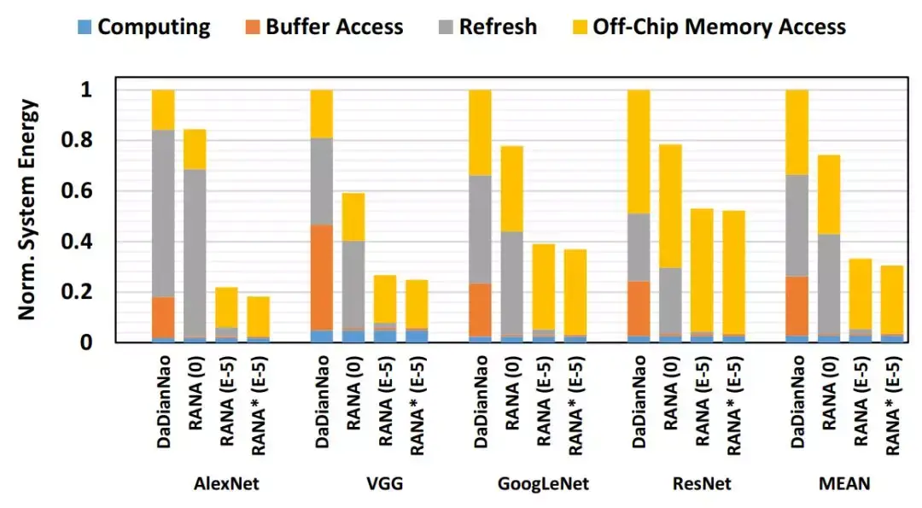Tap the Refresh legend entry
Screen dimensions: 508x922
pyautogui.click(x=487, y=26)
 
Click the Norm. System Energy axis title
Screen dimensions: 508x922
pyautogui.click(x=29, y=210)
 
